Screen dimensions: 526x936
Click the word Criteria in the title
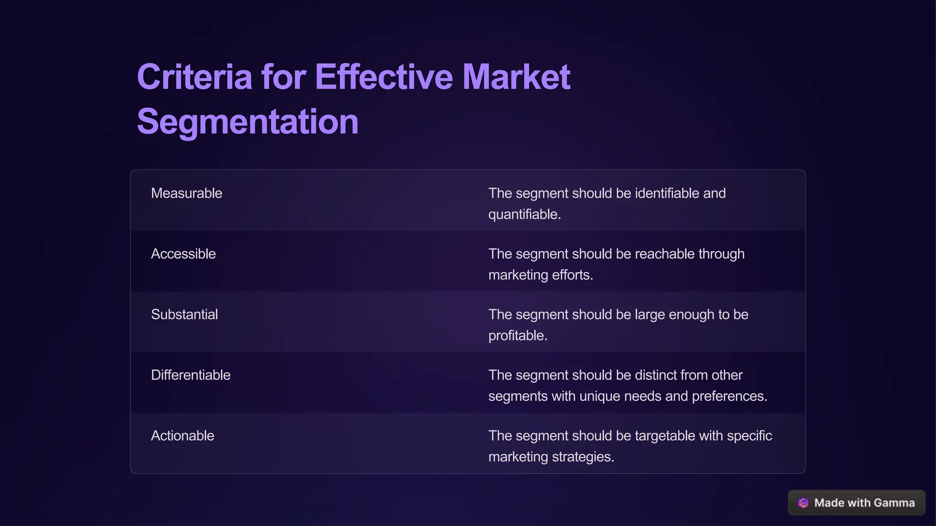pos(194,77)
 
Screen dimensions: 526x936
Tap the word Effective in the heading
pos(383,77)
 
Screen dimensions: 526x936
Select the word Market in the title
pos(516,77)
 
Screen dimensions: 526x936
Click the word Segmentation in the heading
pos(247,121)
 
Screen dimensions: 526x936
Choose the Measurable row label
pos(186,193)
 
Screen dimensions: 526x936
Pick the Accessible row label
pos(183,254)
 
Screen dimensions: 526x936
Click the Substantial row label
pos(184,315)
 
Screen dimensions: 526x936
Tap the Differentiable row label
pos(191,375)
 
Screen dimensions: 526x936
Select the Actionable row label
pos(182,436)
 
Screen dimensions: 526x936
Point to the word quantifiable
pos(524,215)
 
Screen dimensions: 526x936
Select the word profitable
pos(517,336)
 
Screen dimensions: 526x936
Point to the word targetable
pos(665,436)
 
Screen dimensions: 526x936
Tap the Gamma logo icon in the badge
pos(803,503)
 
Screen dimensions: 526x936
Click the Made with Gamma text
pos(864,503)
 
